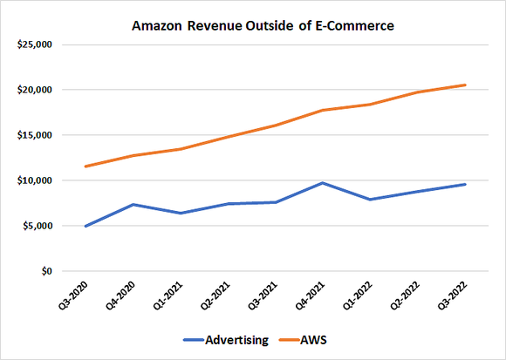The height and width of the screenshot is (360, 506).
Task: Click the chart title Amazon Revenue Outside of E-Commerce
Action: (x=253, y=27)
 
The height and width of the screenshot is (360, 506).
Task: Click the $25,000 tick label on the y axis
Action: (x=31, y=44)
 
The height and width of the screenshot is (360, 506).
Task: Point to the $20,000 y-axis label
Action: (x=31, y=90)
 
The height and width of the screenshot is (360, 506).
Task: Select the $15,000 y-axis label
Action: (x=31, y=135)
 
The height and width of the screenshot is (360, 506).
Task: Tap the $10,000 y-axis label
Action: (x=31, y=180)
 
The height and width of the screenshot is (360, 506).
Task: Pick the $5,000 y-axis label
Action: (x=34, y=226)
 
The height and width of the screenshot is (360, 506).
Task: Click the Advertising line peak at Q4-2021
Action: (x=322, y=183)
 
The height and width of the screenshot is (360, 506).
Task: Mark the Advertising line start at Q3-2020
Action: (x=85, y=226)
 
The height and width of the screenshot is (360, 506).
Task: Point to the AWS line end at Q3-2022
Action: (x=465, y=85)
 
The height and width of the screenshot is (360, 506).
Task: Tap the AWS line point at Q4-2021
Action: (x=322, y=111)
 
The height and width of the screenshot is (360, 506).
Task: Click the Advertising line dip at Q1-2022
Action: (x=370, y=200)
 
